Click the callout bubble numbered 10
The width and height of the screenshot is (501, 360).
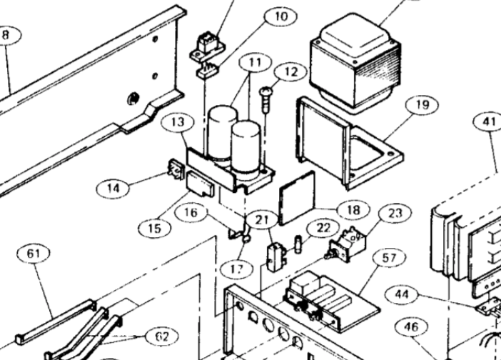tap(281, 16)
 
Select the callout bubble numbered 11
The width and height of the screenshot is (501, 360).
tap(255, 62)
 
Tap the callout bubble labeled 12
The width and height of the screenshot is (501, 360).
tap(290, 71)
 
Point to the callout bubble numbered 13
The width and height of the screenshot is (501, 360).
tap(178, 122)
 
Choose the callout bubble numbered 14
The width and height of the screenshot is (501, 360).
tap(113, 189)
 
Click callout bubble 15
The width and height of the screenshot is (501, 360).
tap(155, 229)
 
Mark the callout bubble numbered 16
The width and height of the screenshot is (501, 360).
tap(191, 213)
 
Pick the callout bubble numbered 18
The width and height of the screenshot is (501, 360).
tap(354, 210)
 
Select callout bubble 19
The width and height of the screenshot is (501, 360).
tap(422, 104)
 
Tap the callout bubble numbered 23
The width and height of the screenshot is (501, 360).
tap(395, 213)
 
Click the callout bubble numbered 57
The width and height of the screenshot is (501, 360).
tap(389, 258)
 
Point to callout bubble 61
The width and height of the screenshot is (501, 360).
tap(34, 254)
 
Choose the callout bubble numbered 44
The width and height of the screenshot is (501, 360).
tap(402, 294)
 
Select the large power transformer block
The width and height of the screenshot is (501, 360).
tap(355, 62)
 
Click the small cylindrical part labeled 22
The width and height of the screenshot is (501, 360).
tap(298, 244)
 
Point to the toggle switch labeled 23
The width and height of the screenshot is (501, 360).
tap(345, 243)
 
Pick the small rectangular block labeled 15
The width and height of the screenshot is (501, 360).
tap(200, 184)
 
